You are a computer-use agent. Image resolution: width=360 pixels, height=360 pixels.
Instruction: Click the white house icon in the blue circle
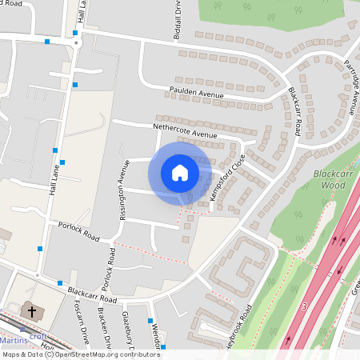coord(180,173)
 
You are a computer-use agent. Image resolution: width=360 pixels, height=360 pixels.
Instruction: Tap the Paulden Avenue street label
coord(196,93)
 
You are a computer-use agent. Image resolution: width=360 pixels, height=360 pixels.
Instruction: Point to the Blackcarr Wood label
coord(330,178)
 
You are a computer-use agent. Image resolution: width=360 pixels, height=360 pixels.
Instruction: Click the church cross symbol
coord(31,310)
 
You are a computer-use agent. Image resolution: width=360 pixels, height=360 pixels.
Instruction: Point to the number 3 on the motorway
coord(304,306)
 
